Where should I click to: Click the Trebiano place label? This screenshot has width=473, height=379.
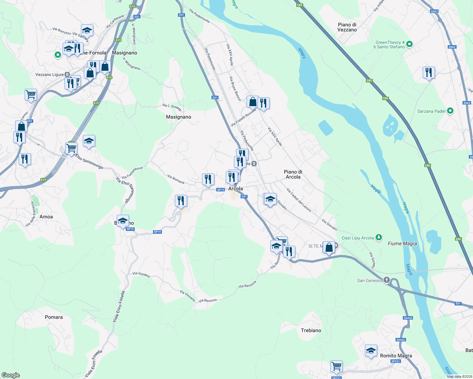[x=311, y=330]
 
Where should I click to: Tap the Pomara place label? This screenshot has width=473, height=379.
[x=54, y=317]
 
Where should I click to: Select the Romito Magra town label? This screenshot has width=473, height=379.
[x=396, y=356]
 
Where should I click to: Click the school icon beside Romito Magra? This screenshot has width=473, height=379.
[x=371, y=351]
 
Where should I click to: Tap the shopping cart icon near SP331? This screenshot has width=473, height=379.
[x=337, y=367]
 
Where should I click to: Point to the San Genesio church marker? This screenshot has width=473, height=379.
[x=387, y=280]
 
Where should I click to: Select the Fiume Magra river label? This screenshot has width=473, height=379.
[x=402, y=244]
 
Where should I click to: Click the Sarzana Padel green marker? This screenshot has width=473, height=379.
[x=450, y=111]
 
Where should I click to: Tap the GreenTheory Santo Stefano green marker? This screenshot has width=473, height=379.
[x=409, y=44]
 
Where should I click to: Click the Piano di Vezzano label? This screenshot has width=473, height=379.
[x=347, y=27]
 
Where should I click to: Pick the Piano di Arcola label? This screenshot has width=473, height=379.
[x=293, y=174]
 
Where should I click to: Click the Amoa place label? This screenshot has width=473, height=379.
[x=46, y=217]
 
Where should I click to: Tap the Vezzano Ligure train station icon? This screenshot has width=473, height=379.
[x=67, y=75]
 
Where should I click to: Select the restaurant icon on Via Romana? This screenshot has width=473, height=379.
[x=208, y=179]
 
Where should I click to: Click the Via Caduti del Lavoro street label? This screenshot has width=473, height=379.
[x=299, y=200]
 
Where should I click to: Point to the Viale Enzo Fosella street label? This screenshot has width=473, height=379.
[x=119, y=307]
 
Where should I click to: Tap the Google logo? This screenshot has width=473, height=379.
[x=11, y=375]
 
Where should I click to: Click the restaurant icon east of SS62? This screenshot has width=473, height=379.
[x=429, y=73]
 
